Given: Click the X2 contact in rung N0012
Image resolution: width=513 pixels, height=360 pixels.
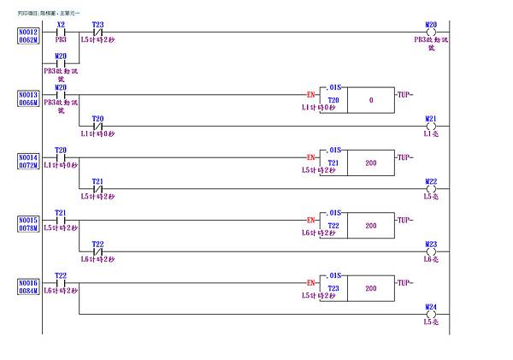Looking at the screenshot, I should [61, 32].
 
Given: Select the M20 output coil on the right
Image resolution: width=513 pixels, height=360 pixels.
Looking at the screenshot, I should [430, 32].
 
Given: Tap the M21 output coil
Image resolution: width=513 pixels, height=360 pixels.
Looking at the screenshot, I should [430, 125].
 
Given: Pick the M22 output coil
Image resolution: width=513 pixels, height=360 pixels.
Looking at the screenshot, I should [430, 188].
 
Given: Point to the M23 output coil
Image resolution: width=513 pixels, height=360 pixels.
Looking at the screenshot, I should [430, 251].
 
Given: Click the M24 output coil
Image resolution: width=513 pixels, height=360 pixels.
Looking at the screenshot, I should [430, 314].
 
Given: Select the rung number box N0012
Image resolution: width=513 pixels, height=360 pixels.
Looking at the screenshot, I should [27, 35].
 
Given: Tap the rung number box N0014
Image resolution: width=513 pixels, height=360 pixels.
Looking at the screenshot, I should [27, 161].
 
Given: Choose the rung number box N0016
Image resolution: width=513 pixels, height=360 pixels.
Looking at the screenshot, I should [27, 286].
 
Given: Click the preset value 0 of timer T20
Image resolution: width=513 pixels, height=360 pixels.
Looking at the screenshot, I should [371, 100].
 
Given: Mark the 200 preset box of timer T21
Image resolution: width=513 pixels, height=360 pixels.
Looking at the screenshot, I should [371, 162].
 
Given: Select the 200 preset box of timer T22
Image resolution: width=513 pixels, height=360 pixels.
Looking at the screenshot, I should [371, 226].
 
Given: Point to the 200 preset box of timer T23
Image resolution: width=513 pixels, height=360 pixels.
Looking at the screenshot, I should [371, 288].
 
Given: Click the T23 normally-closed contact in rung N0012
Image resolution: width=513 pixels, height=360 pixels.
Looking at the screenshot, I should [97, 32].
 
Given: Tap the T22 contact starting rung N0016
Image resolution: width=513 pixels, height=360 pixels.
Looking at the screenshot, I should [61, 282].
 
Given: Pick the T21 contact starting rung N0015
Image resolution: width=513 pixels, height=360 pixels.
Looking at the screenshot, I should [61, 219].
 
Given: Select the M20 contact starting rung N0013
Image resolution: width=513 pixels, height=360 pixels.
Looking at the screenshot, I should [61, 94].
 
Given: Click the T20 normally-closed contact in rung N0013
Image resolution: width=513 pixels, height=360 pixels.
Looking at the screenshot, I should [97, 125].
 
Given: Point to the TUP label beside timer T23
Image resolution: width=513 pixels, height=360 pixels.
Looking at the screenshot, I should [406, 281].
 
